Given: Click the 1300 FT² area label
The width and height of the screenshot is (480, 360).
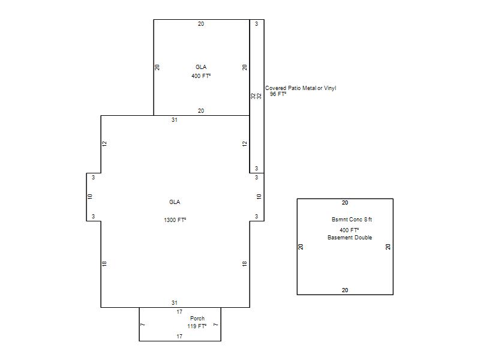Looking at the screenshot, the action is pos(175,220).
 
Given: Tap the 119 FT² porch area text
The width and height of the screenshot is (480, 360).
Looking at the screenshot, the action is pos(197,326).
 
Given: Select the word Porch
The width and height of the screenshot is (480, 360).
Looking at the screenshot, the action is pos(197,319).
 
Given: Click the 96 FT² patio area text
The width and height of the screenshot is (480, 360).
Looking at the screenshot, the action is pos(278,94).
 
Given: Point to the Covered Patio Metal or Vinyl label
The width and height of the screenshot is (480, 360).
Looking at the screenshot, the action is pos(301,88).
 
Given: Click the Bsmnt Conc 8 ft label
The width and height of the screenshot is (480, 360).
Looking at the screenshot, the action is pos(352,220).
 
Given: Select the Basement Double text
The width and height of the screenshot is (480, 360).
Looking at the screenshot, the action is pos(350,237).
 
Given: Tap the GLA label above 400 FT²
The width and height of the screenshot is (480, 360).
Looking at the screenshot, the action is pos(201,67).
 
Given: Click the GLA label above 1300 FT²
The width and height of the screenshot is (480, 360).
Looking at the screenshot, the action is pos(175,202).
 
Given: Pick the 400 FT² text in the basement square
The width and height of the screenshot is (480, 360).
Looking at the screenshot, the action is pos(349,230).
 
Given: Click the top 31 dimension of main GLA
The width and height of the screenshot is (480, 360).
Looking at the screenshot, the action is pos(175,119).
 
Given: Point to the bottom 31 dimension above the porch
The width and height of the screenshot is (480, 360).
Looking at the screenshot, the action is pos(175,303).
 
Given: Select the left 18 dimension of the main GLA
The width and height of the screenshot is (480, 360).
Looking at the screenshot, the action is pos(104,263).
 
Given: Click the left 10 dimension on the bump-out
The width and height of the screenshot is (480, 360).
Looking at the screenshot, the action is pos(90,197).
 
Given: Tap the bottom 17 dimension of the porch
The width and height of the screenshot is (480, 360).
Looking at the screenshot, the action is pos(179,336).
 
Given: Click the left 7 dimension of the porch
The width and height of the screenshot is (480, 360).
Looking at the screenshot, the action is pos(143,325).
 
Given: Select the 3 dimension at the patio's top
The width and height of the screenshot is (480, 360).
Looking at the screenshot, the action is pos(257,23).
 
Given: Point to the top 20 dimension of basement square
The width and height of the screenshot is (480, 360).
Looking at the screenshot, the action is pos(345,203).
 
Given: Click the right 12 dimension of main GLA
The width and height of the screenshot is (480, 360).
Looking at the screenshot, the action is pos(245,143).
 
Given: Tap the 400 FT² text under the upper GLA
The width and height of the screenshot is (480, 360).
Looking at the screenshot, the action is pos(201,76).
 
